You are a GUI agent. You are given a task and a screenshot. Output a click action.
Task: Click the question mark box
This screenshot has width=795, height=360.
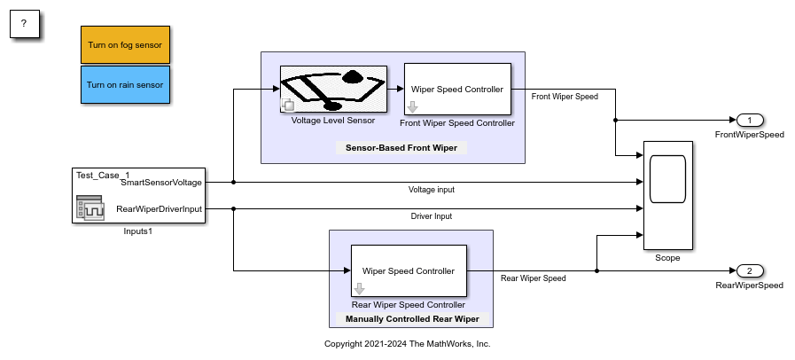pos(25,25)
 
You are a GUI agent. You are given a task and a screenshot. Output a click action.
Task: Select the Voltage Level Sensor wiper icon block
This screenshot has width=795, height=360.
pos(332,89)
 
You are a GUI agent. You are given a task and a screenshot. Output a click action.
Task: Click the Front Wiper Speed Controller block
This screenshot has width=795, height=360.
pos(457,89)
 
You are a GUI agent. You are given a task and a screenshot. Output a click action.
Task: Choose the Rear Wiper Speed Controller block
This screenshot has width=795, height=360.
pos(409,271)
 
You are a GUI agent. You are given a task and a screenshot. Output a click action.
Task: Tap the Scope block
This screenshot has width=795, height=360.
pos(667,195)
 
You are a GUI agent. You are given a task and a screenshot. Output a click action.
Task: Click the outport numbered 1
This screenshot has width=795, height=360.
pos(749,120)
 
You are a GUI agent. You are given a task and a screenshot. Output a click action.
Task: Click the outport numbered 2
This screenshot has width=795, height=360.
pos(749,270)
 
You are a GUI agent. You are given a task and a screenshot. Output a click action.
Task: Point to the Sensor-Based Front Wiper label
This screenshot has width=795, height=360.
pos(401,148)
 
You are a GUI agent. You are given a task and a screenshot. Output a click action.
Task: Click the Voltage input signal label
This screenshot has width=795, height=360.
pos(432,189)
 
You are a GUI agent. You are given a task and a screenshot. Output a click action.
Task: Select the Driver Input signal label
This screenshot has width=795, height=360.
pos(433,215)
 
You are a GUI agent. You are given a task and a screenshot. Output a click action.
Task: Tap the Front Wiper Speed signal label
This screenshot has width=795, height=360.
pos(564,97)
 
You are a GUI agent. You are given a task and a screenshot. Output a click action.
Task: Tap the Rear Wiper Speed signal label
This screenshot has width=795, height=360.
pos(533,278)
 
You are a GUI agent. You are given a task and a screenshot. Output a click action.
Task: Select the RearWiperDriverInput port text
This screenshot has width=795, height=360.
pos(160,209)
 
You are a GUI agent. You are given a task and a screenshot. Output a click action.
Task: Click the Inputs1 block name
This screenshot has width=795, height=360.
pos(139,232)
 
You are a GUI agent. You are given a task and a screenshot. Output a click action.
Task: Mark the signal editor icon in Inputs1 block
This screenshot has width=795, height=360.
pos(91,209)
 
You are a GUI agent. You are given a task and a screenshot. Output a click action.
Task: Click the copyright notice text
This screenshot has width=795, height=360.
pos(407,343)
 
